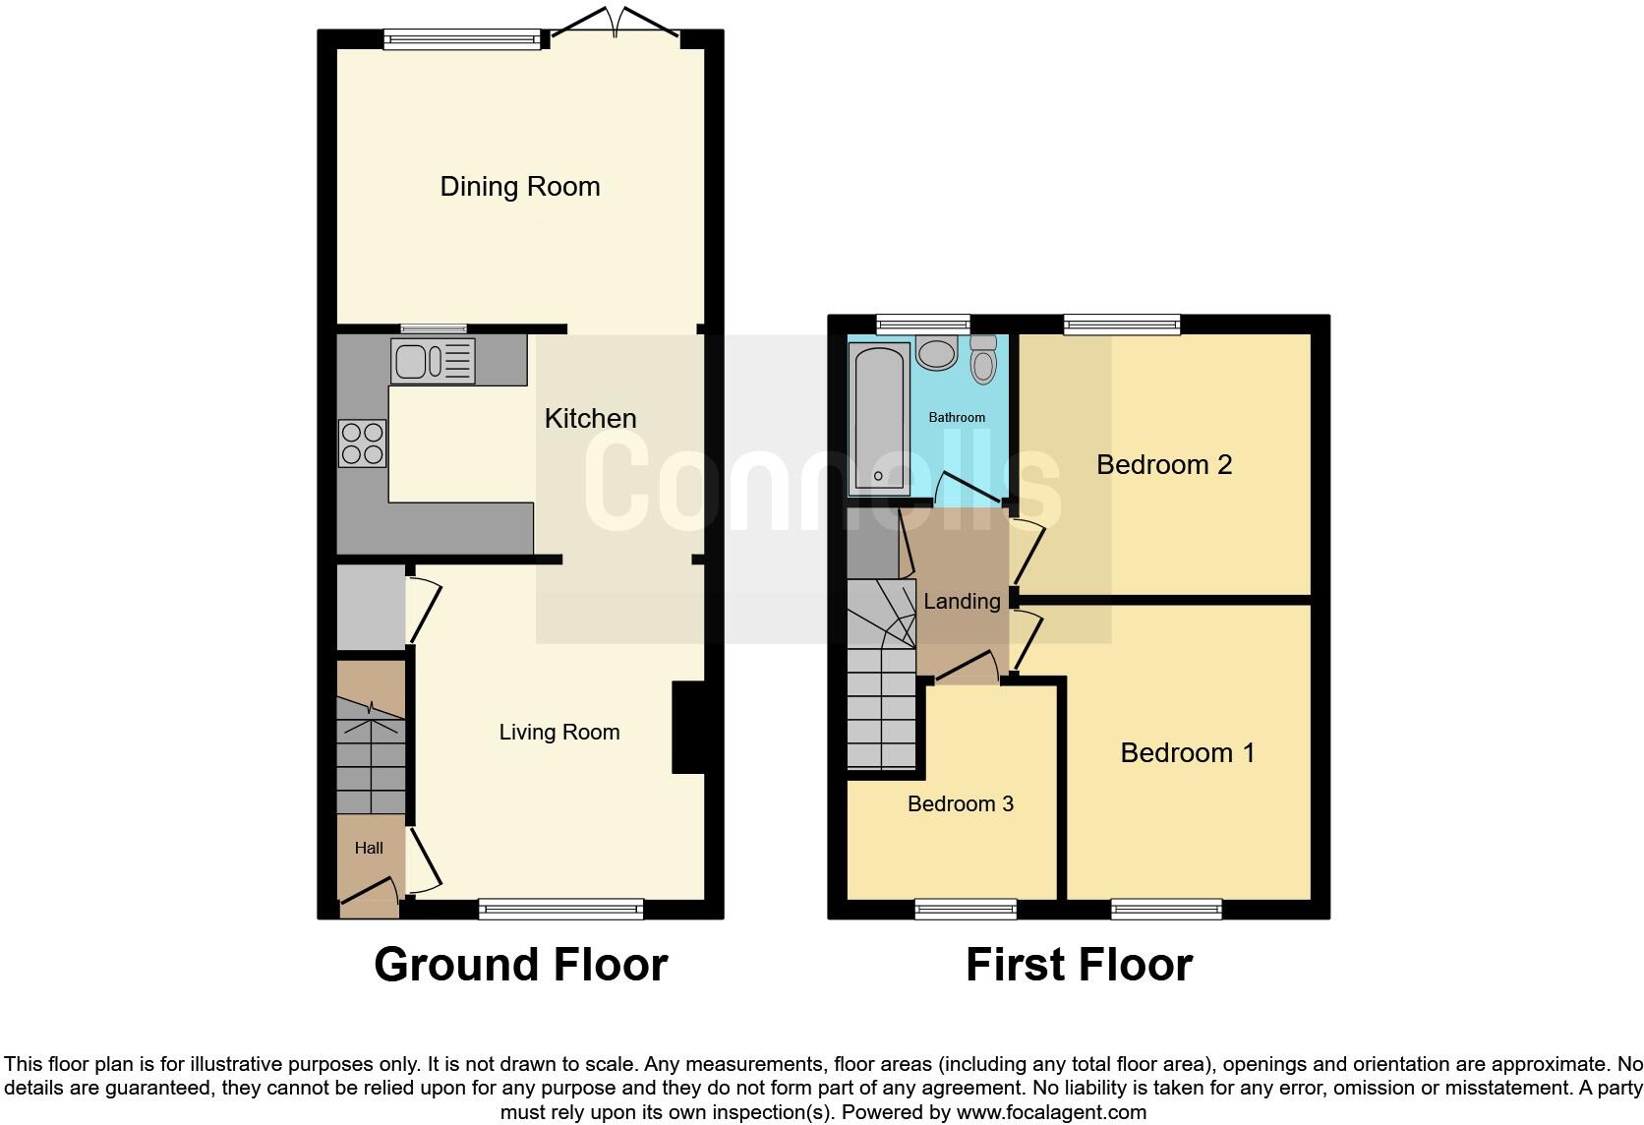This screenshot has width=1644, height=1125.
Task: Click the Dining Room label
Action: coord(519,187)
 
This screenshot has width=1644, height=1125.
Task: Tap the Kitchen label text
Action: coord(590,419)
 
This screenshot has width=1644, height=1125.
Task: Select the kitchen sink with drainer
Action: coord(433,360)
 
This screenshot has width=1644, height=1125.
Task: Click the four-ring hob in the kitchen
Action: coord(362,444)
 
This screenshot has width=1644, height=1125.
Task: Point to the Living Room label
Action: coord(558,733)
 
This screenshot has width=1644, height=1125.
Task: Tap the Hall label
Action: coord(369,848)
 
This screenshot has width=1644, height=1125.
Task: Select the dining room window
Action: coord(462,39)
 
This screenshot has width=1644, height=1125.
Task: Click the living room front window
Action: coord(560,910)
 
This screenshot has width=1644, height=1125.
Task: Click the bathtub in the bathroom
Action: coord(878,418)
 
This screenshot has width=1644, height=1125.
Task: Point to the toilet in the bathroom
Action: coord(982,360)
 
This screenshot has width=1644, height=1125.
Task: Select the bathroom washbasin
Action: coord(935,353)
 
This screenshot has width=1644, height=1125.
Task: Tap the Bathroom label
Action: coord(957,418)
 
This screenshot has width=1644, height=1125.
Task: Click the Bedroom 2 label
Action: coord(1163,465)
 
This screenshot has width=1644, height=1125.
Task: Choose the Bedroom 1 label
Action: coord(1187,753)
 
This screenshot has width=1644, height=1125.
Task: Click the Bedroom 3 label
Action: coord(960,804)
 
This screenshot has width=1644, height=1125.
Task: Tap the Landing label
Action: coord(962,602)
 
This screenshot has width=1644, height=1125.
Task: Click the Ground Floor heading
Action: coord(520,965)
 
